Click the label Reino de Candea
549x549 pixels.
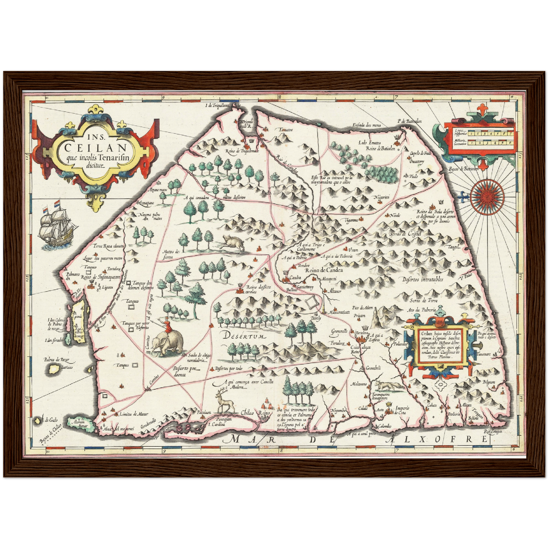tap(324, 270)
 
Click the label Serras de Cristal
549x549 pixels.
tap(405, 234)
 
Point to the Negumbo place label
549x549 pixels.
tap(339, 411)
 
